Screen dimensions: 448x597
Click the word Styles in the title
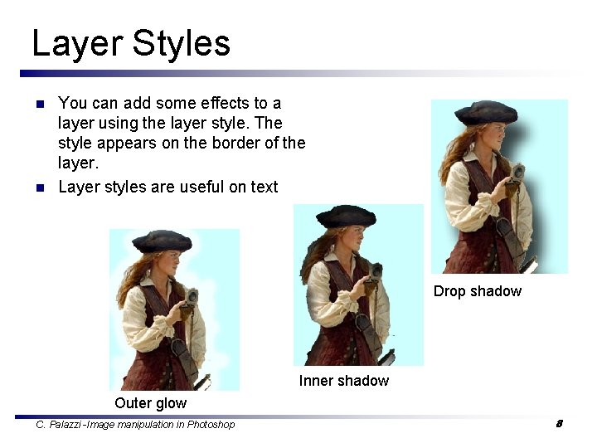tap(182, 43)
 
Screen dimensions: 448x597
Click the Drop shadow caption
tap(477, 291)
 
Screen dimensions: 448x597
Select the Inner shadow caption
tap(343, 381)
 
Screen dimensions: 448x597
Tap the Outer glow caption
tap(150, 403)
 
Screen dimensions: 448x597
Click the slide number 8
tap(559, 424)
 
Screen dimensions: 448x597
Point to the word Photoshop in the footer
tap(211, 425)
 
